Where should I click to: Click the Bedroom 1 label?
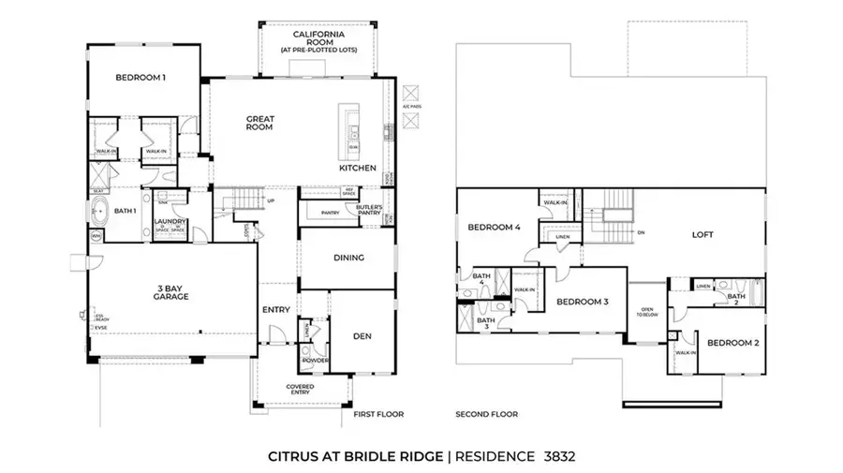pos(140,78)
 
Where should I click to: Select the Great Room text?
pos(259,123)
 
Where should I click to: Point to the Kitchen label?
pos(358,169)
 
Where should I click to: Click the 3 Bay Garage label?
pos(172,291)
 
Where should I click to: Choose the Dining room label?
pos(348,258)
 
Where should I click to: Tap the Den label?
pos(362,335)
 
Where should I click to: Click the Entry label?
pos(276,310)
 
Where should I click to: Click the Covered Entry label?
pos(300,389)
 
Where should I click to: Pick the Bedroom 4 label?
pos(494,228)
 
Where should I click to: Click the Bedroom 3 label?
pos(584,302)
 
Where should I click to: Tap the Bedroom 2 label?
pos(732,343)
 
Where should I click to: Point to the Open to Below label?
pos(646,314)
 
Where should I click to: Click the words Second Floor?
pos(486,413)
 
